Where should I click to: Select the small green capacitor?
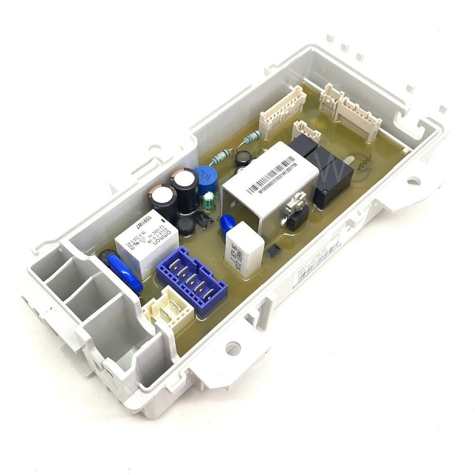[x=208, y=202]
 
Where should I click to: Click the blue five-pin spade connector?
[x=191, y=281]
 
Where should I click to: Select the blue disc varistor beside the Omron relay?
[x=124, y=272]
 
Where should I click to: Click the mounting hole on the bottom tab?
[x=233, y=348]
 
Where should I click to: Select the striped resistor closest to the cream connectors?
[x=250, y=138]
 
